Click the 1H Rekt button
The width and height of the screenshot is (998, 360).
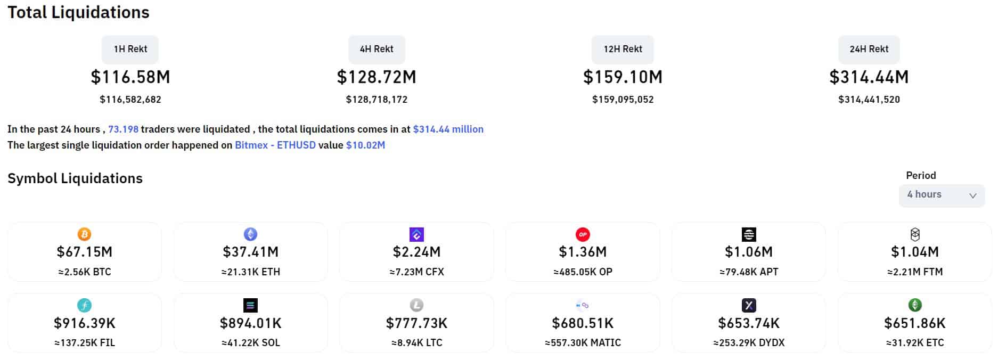(130, 49)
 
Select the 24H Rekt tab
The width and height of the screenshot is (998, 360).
(869, 49)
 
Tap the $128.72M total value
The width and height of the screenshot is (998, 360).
(377, 77)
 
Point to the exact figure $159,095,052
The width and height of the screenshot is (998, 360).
(623, 100)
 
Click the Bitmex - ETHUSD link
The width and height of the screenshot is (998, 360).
(275, 145)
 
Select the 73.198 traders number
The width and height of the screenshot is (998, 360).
(123, 129)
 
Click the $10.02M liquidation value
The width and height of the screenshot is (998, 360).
(365, 145)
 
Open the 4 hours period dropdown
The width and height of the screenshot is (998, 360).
(942, 195)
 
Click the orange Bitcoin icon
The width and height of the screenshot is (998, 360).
(84, 234)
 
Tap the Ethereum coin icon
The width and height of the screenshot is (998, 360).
(250, 234)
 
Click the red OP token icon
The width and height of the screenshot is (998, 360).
(583, 234)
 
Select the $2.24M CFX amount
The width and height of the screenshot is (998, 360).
(416, 252)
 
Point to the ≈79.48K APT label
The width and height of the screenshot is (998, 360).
(749, 272)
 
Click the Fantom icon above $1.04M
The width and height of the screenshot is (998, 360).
(915, 234)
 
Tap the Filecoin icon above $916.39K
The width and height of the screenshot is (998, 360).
(84, 305)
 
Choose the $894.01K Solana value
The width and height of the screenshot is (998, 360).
(250, 323)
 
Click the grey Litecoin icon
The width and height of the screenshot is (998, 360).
(416, 305)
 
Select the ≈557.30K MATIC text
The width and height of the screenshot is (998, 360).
(583, 343)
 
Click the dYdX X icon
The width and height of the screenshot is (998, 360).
(749, 305)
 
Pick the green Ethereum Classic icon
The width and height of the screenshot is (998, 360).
(915, 305)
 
